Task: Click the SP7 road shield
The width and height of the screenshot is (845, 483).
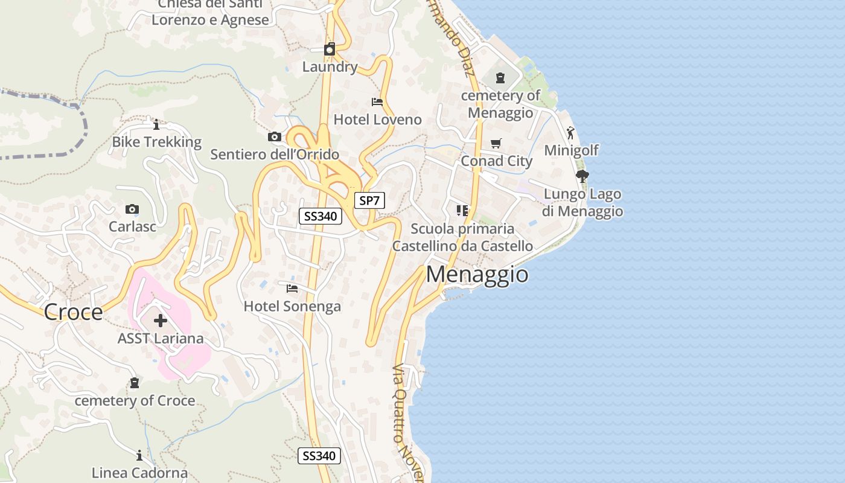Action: pos(369,201)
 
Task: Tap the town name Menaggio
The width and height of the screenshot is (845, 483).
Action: pos(477,275)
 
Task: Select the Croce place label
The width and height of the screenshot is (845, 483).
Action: pos(73,312)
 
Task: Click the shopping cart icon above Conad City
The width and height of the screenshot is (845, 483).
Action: pos(496,144)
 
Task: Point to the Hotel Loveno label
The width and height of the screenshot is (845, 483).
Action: pos(378,120)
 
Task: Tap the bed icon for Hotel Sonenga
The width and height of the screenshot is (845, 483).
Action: pos(292,288)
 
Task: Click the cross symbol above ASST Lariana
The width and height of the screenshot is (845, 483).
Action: pos(161,321)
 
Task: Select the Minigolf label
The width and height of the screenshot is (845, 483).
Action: pos(572,150)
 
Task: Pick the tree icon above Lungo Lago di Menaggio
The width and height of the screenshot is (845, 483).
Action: pos(582,176)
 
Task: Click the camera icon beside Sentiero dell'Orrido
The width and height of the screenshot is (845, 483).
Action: pos(275,137)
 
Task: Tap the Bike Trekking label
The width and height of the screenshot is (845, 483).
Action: pos(157,142)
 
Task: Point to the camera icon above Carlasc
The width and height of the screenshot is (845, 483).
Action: pos(132,210)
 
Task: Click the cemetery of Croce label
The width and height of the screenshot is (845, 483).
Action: pos(135,401)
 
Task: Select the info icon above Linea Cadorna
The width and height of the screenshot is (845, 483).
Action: pos(139,455)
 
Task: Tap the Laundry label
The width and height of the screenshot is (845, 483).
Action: pos(330,67)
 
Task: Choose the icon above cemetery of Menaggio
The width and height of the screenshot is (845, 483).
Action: pos(500,78)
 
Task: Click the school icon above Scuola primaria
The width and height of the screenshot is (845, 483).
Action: pos(462,211)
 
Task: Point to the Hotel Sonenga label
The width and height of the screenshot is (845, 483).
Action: pos(292,307)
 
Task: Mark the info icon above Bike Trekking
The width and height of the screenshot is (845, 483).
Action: pos(156,125)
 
